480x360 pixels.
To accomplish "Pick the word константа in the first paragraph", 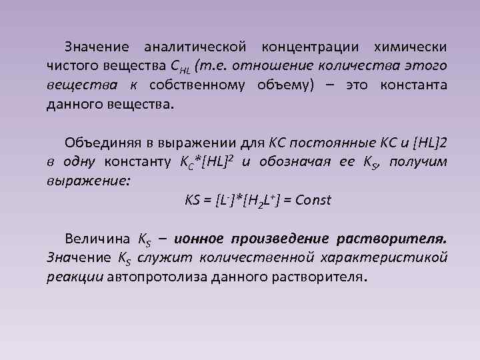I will tap(413, 86).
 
